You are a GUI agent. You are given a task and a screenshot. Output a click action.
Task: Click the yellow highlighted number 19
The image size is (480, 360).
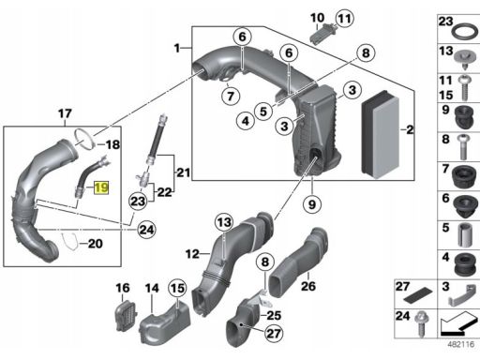point(101,187)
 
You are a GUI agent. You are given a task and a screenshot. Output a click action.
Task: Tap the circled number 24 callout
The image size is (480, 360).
point(146,230)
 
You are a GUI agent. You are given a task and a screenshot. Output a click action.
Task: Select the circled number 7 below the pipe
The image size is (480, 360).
point(231,96)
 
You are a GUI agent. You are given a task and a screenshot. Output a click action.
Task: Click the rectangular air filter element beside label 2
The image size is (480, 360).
point(381,135)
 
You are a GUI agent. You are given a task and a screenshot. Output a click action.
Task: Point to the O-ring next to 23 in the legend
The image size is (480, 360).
point(465,32)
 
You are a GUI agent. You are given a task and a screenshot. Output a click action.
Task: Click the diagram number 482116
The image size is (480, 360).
point(461,344)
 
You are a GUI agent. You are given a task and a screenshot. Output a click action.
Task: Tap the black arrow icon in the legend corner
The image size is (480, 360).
point(459,323)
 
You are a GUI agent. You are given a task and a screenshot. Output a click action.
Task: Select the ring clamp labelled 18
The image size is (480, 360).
point(84,139)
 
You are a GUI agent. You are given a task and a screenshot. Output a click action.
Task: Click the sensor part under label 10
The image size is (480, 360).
point(322,33)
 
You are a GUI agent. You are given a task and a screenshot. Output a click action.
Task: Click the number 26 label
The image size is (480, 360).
point(308,286)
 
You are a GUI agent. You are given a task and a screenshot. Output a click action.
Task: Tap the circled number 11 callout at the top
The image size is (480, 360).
point(344,18)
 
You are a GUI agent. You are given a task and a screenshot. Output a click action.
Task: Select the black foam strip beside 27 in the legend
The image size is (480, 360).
point(418,296)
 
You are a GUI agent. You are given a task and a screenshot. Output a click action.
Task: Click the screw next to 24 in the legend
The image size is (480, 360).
point(422,324)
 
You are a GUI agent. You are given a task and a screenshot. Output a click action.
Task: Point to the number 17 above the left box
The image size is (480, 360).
point(65,113)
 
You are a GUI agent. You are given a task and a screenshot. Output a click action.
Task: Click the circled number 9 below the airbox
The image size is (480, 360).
point(312,204)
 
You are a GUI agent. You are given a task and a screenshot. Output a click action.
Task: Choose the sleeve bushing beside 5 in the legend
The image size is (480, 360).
point(465,235)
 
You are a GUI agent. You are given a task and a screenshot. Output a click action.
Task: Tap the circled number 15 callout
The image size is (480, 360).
point(177,288)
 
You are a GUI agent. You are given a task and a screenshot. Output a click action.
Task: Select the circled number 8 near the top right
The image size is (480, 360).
point(366,53)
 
